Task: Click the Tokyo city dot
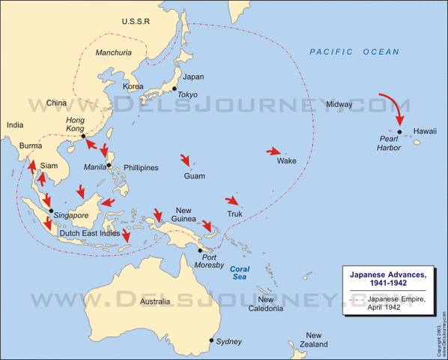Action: [x=175, y=89]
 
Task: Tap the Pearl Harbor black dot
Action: [x=400, y=133]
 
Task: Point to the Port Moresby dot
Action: [x=200, y=250]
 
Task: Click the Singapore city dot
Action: [x=51, y=211]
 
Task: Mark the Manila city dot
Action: [x=109, y=165]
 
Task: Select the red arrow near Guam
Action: [x=186, y=160]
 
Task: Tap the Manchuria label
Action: [x=114, y=52]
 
